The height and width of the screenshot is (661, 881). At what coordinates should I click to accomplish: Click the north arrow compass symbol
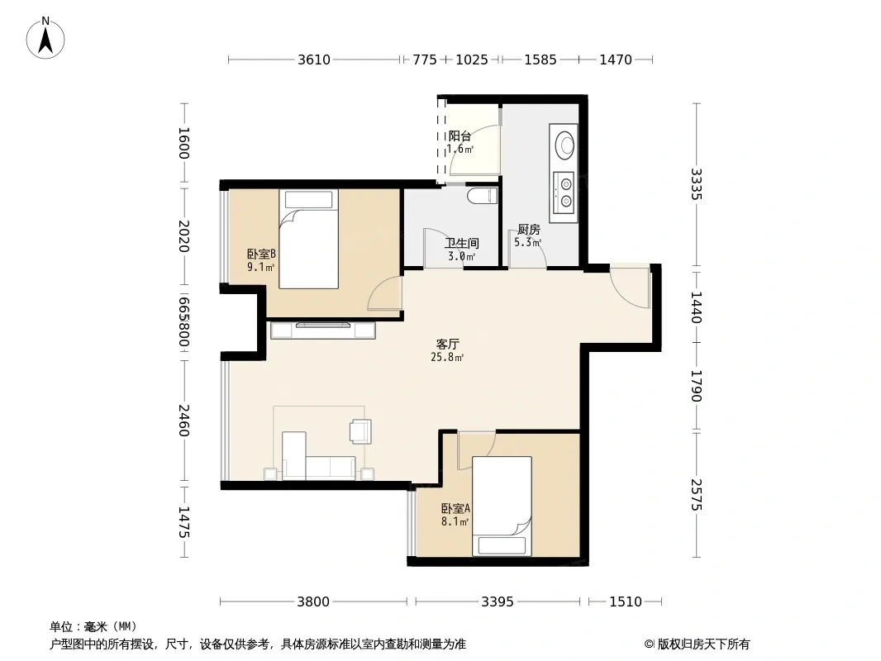coord(45,38)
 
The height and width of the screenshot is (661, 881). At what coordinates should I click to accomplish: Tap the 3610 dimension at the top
coord(314,59)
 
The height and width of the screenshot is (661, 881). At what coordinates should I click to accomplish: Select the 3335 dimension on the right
coord(697,184)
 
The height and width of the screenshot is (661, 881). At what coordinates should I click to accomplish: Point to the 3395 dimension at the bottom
coord(498,602)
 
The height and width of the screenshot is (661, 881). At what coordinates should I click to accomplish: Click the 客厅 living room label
coord(448,344)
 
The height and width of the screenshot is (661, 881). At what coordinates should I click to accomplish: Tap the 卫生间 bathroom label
coord(462,243)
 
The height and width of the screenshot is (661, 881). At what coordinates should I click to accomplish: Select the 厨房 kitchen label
coord(529,229)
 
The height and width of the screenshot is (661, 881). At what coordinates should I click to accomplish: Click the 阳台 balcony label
coord(460,136)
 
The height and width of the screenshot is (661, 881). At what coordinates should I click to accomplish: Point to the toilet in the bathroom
coord(483,196)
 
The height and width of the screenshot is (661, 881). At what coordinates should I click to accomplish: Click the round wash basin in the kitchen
coord(564,144)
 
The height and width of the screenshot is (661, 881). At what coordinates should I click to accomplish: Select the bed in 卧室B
coord(308,240)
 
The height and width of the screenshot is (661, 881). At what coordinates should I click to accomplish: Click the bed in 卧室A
coord(502,506)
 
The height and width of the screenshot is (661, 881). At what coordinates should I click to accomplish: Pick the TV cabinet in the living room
coord(323,330)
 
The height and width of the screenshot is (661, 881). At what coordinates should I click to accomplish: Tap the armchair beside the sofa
coord(360,431)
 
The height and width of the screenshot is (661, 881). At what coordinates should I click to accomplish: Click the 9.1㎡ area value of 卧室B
coord(261,268)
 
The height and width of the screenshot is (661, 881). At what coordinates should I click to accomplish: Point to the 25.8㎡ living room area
coord(447,357)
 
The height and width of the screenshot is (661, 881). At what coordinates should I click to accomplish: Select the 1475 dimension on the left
coord(183,522)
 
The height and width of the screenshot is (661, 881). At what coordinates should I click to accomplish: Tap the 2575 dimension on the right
coord(697,494)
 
